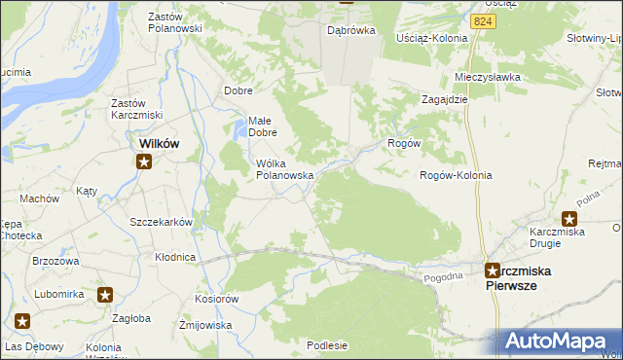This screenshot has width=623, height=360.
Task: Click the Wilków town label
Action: [159, 143]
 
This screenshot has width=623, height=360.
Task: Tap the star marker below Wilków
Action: [143, 162]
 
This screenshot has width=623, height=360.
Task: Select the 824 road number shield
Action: [481, 19]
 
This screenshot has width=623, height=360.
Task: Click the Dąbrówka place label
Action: [351, 30]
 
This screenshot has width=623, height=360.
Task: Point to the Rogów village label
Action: [403, 143]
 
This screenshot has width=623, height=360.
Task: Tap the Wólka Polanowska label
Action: [283, 169]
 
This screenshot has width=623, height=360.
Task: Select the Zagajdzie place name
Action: [446, 99]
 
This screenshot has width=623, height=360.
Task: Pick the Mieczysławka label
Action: [484, 76]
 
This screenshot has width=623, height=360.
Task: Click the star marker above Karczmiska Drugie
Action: [569, 219]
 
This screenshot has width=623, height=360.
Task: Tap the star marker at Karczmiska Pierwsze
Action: [493, 271]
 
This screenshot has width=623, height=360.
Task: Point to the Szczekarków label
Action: [162, 222]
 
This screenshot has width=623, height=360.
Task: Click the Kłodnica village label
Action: [175, 258]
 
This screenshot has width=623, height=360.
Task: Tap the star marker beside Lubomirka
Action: [105, 294]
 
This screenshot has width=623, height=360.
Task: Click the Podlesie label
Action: [327, 344]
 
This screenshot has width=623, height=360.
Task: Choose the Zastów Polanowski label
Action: [174, 22]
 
